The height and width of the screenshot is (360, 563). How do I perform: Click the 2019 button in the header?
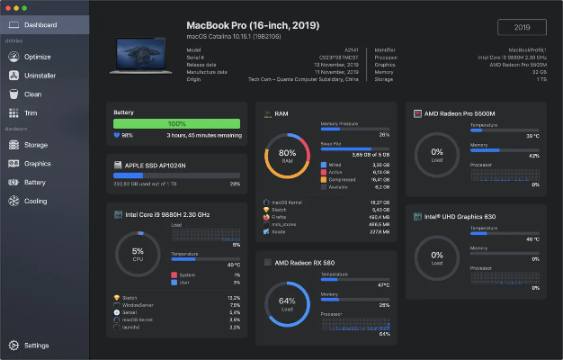pyautogui.click(x=521, y=27)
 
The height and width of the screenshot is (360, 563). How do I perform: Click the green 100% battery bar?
pyautogui.click(x=176, y=123)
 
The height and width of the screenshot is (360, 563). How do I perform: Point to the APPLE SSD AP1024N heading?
pyautogui.click(x=160, y=166)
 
